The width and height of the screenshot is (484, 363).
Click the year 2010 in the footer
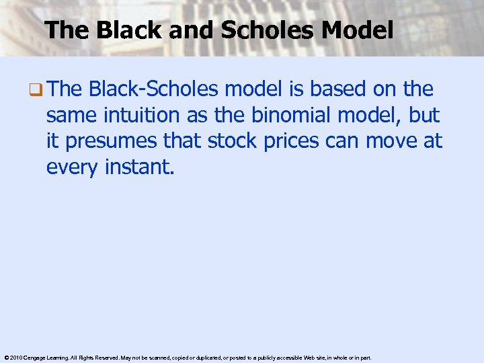15,358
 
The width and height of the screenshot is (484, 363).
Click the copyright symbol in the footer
5,358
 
